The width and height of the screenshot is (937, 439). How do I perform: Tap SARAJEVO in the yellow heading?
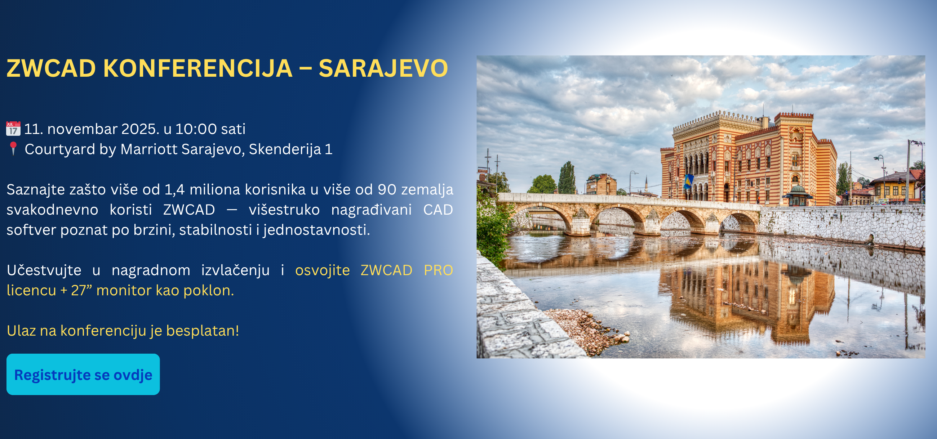pos(383,68)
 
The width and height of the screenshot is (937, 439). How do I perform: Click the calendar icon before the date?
pos(13,129)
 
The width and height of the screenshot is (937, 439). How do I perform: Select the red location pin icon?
pos(13,149)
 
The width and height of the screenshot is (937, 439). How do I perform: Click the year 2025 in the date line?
pos(140,129)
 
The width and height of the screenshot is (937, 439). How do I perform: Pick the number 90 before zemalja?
pos(387,190)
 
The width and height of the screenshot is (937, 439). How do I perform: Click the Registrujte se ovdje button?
pos(83,374)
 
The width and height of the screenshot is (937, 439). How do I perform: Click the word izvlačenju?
pos(235,270)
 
